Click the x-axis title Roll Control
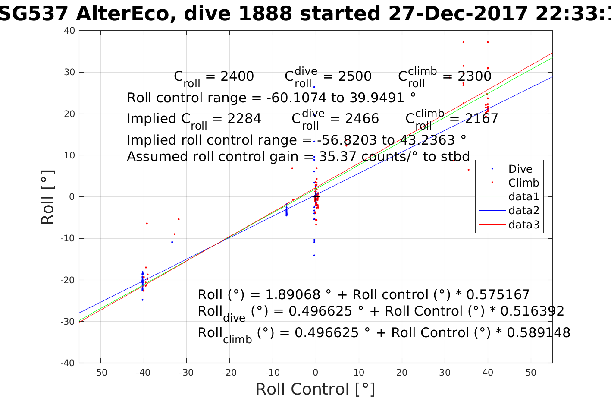click(315, 389)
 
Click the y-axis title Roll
click(48, 197)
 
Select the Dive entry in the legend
click(520, 169)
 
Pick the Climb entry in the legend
click(523, 183)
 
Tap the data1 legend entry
click(523, 197)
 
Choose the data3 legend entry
click(523, 225)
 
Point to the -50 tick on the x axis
click(100, 373)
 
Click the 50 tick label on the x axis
click(531, 373)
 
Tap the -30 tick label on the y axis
click(68, 322)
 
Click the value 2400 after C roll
click(237, 76)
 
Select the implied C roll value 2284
click(244, 119)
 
